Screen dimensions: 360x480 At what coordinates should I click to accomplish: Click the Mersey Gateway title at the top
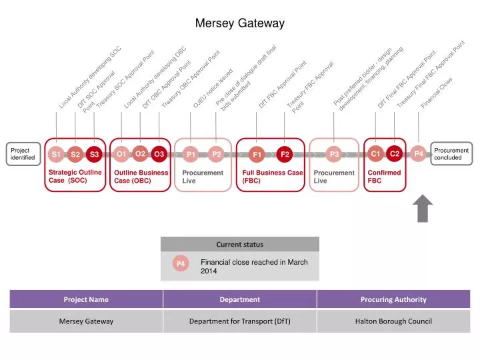(239, 23)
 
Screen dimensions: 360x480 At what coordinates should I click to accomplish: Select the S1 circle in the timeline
(57, 155)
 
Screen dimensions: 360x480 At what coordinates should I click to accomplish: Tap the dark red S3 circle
(95, 155)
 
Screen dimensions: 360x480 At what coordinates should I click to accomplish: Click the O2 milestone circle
(140, 153)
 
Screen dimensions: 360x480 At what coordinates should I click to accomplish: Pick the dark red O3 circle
(159, 155)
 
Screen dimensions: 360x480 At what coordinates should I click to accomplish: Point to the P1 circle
(191, 155)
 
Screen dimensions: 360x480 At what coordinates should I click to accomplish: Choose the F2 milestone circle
(285, 155)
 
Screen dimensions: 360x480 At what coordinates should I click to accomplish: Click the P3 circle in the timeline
(334, 155)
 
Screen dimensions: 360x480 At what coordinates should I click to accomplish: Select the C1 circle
(375, 154)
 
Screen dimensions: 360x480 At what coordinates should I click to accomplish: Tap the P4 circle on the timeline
(418, 154)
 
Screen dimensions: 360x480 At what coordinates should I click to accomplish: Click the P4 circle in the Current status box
(181, 265)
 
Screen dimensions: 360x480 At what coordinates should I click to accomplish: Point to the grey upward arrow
(423, 209)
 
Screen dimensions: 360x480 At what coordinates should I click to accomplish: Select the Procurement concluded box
(452, 154)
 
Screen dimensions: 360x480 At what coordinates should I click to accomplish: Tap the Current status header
(239, 244)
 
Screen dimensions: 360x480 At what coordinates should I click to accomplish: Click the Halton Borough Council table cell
(393, 321)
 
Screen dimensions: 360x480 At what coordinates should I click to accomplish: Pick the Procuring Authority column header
(393, 299)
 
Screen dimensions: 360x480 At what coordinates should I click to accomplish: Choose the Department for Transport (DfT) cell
(239, 321)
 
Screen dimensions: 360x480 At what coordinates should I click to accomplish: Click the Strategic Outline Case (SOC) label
(75, 176)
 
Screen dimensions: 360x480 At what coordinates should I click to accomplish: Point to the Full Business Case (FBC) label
(273, 176)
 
